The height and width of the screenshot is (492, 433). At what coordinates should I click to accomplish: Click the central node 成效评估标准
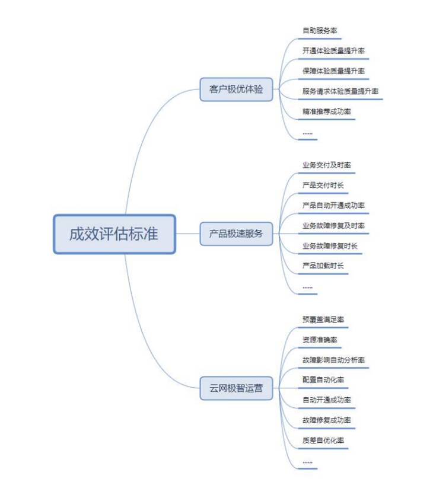[x=114, y=234]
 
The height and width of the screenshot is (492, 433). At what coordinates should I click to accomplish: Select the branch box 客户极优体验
[x=236, y=90]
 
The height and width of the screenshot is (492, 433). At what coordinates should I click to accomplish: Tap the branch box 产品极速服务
[x=236, y=234]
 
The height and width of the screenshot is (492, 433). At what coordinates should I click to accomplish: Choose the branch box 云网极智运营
[x=236, y=389]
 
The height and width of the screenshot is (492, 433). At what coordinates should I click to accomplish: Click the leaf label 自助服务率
[x=320, y=31]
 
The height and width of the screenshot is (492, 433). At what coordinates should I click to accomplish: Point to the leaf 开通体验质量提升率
[x=333, y=51]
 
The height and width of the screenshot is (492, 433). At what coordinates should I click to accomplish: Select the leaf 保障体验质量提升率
[x=333, y=71]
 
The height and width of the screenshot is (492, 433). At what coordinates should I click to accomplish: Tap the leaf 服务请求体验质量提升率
[x=340, y=91]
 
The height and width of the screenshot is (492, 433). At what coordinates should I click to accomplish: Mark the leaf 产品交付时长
[x=323, y=186]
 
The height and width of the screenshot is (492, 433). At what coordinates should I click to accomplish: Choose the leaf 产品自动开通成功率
[x=333, y=206]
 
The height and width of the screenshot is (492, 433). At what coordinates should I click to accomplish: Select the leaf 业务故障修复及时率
[x=333, y=226]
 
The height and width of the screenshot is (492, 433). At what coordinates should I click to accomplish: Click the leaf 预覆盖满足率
[x=323, y=320]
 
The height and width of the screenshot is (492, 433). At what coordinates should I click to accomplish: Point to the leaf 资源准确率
[x=320, y=340]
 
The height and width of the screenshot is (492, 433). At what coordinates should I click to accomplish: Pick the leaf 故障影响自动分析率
[x=333, y=360]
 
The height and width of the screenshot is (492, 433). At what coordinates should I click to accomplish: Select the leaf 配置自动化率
[x=323, y=380]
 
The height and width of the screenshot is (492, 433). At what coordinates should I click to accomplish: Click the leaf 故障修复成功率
[x=326, y=420]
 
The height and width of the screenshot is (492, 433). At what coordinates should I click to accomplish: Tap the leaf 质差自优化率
[x=323, y=440]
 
